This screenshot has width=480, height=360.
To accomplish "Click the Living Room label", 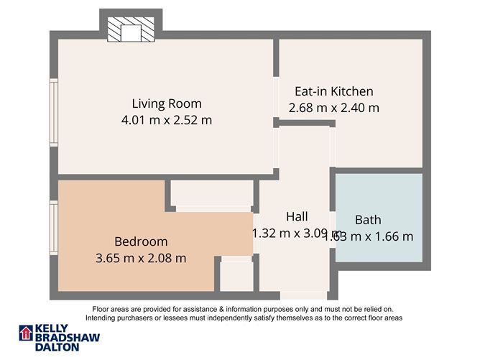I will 167,103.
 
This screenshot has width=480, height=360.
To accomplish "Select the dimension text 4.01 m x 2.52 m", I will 167,120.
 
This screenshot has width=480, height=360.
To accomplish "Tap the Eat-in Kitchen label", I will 334,91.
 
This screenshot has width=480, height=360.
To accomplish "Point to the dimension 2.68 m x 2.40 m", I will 334,108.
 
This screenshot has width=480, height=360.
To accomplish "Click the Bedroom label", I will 141,241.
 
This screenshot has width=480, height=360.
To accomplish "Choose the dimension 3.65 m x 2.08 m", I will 141,257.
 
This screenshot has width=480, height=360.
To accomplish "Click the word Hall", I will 297,216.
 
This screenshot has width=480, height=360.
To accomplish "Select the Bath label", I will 368,220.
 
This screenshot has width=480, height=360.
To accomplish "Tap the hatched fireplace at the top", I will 130,32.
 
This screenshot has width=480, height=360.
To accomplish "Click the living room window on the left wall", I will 54,103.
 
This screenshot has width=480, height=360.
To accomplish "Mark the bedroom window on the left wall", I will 54,229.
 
